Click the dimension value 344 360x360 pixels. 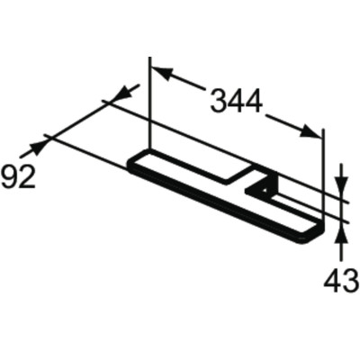[x=237, y=102]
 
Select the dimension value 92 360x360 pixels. [x=18, y=176]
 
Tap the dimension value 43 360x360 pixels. [x=341, y=282]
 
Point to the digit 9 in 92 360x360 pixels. [x=9, y=176]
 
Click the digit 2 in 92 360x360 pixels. [x=26, y=176]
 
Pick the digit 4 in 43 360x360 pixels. [x=332, y=282]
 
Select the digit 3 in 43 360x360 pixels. [x=350, y=282]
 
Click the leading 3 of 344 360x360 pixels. [x=219, y=102]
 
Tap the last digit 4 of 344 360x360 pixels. [x=254, y=102]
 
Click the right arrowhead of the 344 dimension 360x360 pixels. [x=313, y=133]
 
